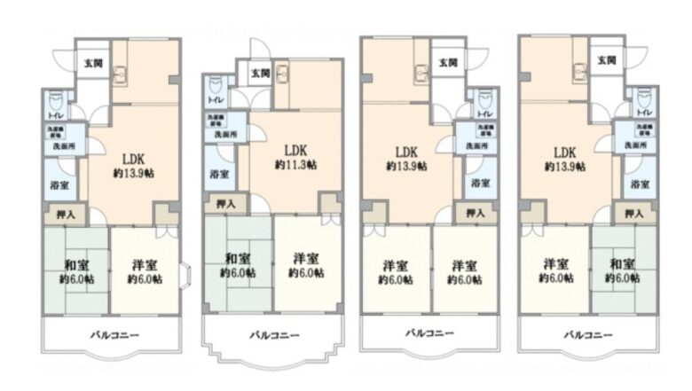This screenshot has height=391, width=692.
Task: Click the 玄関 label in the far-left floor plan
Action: pos(92,62)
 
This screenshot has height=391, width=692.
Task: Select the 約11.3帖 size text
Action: pos(295,165)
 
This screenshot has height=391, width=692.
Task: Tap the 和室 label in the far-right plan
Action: pos(622,263)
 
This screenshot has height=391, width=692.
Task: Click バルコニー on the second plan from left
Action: pos(274,335)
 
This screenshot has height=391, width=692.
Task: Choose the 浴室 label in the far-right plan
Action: pos(639,184)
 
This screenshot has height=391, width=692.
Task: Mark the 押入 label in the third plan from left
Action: pos(475,213)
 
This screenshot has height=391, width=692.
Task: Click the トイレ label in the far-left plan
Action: pos(55,114)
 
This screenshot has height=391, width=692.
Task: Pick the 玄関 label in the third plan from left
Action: pos(448,62)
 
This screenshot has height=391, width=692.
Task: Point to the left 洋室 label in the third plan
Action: pos(395,263)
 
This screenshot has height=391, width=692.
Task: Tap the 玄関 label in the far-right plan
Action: pos(606,61)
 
